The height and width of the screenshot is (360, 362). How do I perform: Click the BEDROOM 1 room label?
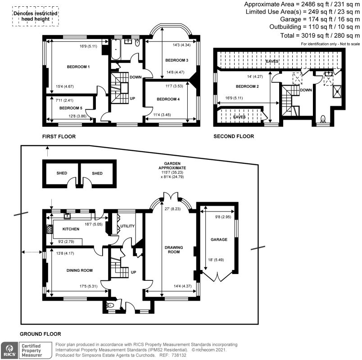point(79,67)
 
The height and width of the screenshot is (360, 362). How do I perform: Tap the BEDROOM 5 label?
point(71,108)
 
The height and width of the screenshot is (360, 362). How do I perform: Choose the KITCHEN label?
point(68,229)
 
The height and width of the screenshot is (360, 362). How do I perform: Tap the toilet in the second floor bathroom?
point(322,119)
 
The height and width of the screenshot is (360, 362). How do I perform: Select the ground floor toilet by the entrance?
point(110,306)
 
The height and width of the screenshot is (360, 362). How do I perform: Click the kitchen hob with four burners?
point(49,229)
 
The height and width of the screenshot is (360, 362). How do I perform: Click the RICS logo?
point(9,349)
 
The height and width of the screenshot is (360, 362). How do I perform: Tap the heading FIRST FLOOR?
point(59,136)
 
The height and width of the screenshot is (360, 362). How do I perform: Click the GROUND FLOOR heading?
point(41,334)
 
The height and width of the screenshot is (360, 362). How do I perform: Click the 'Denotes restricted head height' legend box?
point(35,17)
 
